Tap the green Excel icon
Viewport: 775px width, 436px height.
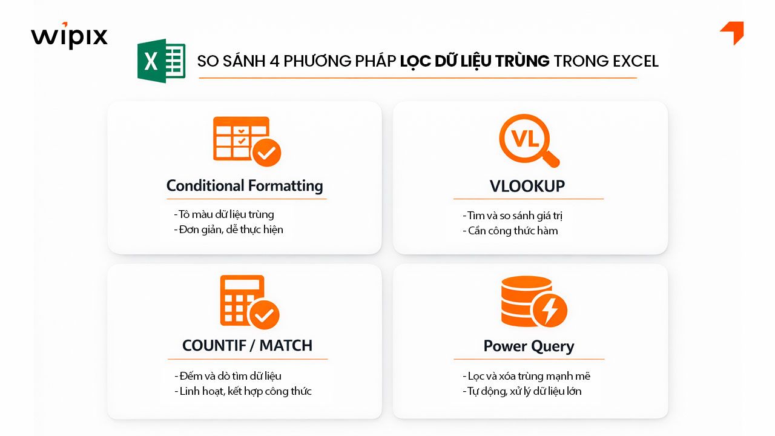tap(161, 61)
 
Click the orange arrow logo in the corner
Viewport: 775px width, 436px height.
tap(733, 33)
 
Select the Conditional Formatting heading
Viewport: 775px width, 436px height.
tap(245, 185)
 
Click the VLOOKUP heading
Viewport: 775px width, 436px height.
tap(528, 187)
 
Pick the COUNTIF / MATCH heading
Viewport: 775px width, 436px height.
tap(247, 345)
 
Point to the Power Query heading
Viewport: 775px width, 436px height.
tap(529, 346)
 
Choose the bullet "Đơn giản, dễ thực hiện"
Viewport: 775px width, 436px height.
tap(228, 230)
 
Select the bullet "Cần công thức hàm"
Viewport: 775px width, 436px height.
tap(510, 231)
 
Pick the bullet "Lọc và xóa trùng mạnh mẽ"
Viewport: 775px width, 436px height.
tap(526, 376)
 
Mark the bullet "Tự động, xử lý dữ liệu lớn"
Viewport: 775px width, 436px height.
tap(521, 391)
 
